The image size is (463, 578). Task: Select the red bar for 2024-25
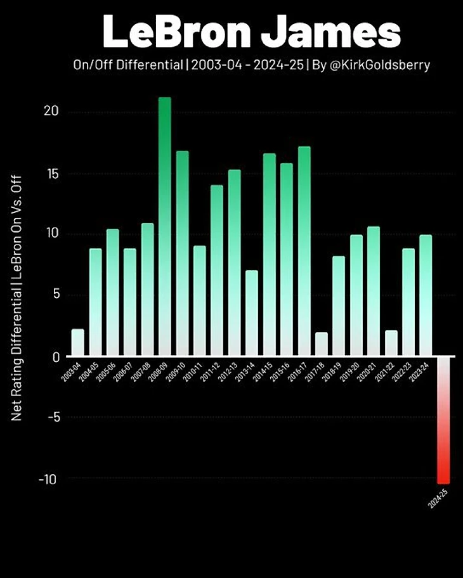pos(443,421)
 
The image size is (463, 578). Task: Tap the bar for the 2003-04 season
pos(77,343)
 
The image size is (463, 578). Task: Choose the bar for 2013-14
pos(252,313)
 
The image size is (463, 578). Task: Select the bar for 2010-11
pos(199,301)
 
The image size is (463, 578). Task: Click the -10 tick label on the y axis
pos(48,479)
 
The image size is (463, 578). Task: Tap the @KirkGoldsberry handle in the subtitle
pos(378,65)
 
